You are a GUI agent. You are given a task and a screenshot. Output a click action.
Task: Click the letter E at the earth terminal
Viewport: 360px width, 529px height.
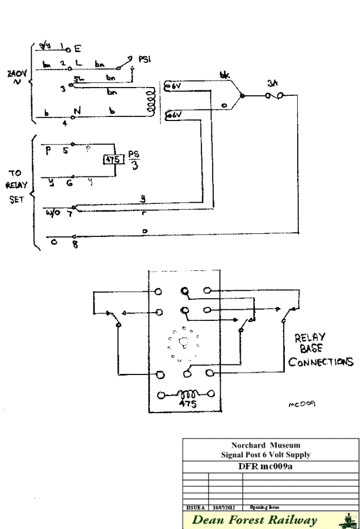pyautogui.click(x=78, y=51)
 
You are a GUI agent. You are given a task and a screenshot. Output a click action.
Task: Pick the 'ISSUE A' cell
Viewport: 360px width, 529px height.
pyautogui.click(x=196, y=504)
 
